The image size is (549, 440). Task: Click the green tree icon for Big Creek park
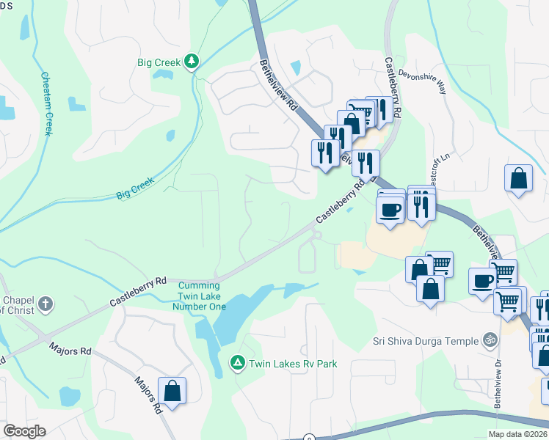(192, 62)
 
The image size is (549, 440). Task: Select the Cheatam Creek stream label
(47, 103)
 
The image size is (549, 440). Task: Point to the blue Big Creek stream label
(135, 187)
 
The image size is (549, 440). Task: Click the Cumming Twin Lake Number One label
(199, 296)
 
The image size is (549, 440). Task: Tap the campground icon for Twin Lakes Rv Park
(237, 362)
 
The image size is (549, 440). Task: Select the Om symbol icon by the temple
(489, 340)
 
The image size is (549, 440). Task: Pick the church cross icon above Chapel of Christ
(45, 304)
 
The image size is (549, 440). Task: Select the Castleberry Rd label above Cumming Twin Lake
(139, 290)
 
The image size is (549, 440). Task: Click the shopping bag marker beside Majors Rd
(172, 391)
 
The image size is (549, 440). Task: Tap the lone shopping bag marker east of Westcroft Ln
(518, 179)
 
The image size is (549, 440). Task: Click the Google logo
(24, 431)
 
